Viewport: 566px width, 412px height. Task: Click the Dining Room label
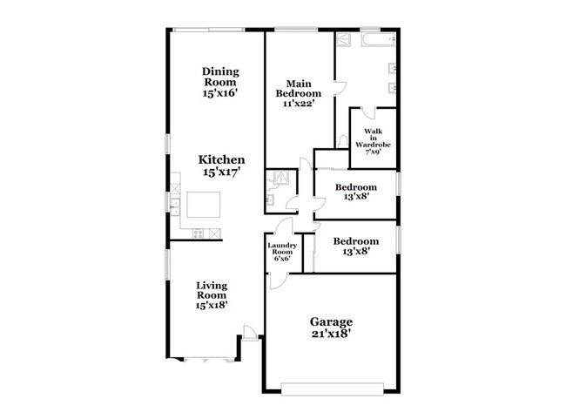pos(220,82)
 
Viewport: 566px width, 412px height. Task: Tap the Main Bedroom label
pos(299,93)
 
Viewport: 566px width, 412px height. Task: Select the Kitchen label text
pos(222,159)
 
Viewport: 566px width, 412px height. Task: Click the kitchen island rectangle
pos(204,205)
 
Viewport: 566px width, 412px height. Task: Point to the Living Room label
pos(212,295)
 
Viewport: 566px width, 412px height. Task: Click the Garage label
pos(332,321)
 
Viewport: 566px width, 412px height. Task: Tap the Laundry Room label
pos(282,248)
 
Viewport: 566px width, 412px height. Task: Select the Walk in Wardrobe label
pos(373,138)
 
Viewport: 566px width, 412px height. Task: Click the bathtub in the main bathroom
pos(378,39)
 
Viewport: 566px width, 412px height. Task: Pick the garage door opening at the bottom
pos(332,388)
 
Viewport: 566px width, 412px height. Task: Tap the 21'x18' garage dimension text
pos(332,334)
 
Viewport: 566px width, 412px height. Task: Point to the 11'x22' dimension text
pos(299,104)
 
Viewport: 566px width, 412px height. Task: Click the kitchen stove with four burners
pos(199,233)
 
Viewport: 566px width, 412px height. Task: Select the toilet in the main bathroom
pos(342,141)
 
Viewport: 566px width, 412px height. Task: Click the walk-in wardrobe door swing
pos(369,112)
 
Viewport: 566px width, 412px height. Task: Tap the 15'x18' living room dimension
pos(212,305)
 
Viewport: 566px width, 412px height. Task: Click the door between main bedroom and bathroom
pos(340,88)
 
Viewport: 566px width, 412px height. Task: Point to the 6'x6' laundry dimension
pos(282,259)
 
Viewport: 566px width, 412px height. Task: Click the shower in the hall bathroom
pos(281,178)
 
